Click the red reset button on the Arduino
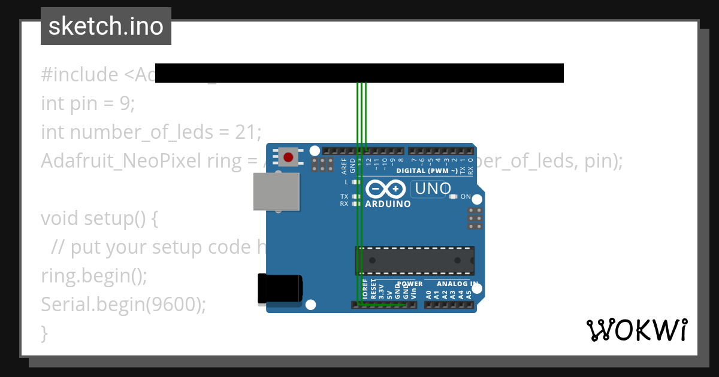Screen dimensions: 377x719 (288, 157)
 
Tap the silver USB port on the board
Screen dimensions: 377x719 (276, 191)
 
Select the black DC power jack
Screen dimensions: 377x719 (279, 289)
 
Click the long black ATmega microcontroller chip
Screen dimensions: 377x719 (415, 261)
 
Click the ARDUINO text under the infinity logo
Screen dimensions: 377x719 (388, 204)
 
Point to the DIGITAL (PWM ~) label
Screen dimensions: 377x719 (427, 171)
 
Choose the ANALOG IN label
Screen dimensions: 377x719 (457, 284)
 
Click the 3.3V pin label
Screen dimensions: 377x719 (381, 290)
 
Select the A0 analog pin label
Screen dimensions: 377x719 (428, 294)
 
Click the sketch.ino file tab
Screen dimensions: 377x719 (106, 26)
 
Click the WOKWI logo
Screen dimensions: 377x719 (636, 330)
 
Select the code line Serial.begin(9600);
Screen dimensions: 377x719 (123, 305)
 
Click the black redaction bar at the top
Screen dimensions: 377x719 (359, 72)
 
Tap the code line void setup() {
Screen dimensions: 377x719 (99, 218)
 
